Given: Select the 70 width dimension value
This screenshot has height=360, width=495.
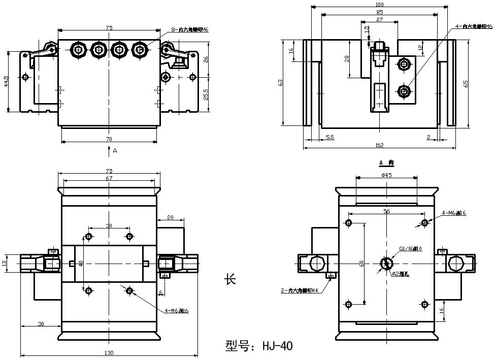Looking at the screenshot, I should point(109,139).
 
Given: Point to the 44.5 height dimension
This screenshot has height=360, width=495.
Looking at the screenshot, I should point(6,81).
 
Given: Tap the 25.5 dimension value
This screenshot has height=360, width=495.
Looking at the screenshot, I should point(205,94).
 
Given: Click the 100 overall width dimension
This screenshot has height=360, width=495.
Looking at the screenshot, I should point(379,5).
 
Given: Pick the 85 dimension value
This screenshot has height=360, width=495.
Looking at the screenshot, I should point(379,12).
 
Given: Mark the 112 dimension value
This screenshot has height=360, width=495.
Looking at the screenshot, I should point(379,146).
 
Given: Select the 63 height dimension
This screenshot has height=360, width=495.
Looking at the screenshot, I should point(280,82).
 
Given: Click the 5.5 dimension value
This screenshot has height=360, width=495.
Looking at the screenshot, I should point(329,138).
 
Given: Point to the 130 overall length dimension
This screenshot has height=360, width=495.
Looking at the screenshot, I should point(109,353).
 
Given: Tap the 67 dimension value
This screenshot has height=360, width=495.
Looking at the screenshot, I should point(109,178).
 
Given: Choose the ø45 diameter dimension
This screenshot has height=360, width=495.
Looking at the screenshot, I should point(386,175).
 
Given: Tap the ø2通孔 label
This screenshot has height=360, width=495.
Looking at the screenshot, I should point(401,274).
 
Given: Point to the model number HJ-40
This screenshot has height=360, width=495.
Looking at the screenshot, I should point(259,346).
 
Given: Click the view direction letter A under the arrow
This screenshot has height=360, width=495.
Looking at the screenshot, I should point(115,151).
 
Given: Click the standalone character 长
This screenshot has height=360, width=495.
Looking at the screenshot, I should point(230,279).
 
